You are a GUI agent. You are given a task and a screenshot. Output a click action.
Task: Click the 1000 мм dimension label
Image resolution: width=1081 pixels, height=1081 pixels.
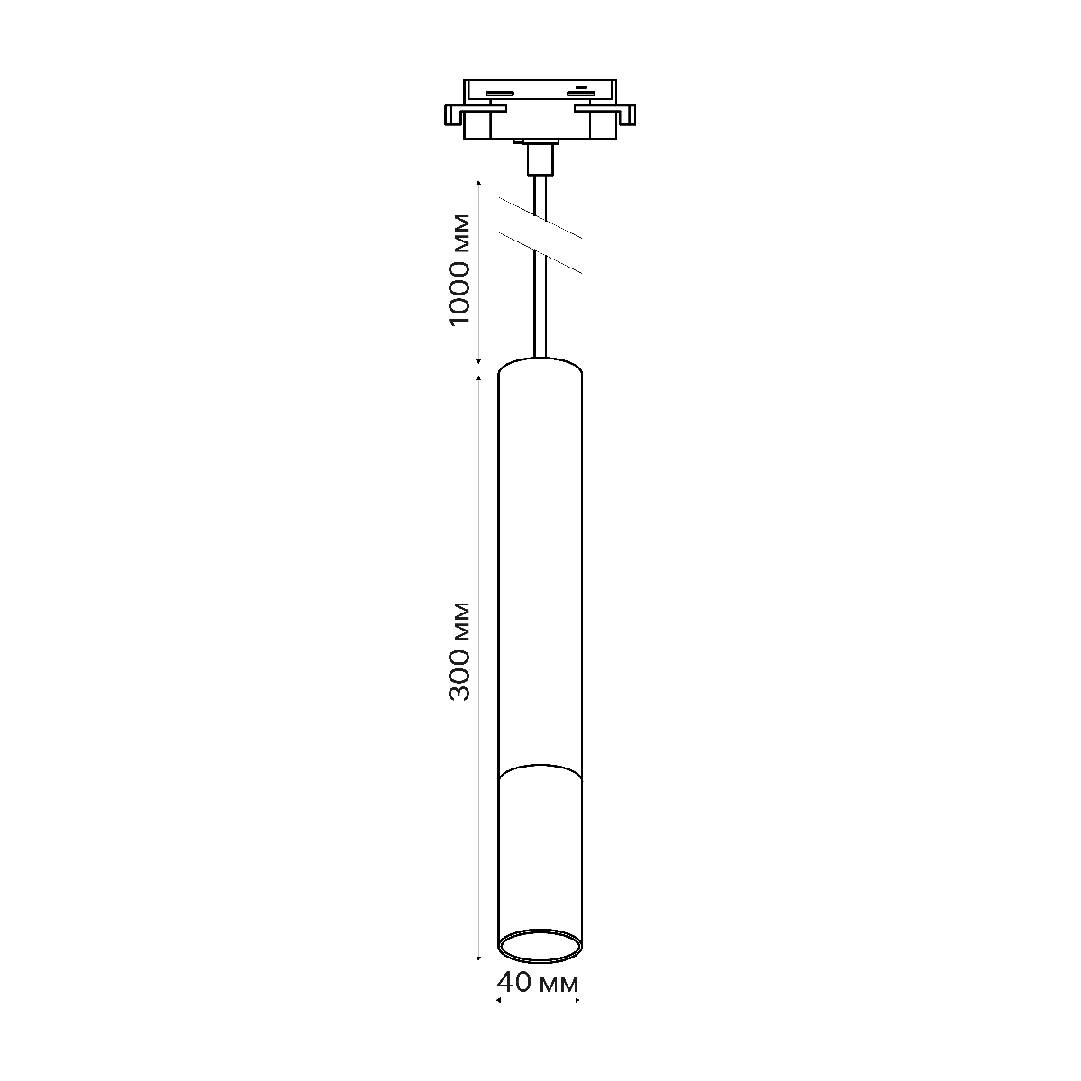459,269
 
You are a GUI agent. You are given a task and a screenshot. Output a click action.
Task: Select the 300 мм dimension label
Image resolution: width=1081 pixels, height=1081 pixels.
459,650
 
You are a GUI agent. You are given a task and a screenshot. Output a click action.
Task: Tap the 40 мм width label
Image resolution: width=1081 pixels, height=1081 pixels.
538,982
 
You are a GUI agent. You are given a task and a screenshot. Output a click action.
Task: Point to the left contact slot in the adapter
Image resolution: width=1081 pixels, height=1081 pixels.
499,93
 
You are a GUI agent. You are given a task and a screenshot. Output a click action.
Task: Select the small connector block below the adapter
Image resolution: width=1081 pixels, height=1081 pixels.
539,159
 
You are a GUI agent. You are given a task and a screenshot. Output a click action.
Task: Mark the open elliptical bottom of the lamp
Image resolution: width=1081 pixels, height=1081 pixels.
539,945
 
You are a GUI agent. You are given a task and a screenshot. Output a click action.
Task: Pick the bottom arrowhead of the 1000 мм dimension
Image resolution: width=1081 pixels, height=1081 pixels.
477,359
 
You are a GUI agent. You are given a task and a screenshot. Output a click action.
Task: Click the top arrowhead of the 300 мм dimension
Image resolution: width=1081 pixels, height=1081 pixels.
477,377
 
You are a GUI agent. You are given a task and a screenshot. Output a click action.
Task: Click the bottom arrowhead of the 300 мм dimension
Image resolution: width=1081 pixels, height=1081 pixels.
477,958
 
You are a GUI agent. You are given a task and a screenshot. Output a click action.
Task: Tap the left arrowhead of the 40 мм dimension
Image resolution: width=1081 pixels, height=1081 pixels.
499,1000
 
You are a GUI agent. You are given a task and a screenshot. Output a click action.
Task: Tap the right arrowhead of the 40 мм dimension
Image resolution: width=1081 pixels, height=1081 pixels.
577,1000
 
